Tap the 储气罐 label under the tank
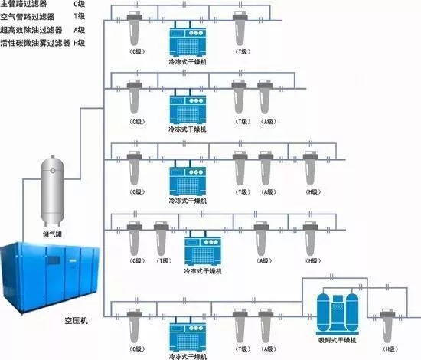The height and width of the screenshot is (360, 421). pos(54,228)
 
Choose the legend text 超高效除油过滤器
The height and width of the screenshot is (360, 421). pos(28,31)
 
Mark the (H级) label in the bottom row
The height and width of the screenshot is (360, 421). pos(390,349)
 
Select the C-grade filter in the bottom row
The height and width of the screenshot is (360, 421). pos(139,322)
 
